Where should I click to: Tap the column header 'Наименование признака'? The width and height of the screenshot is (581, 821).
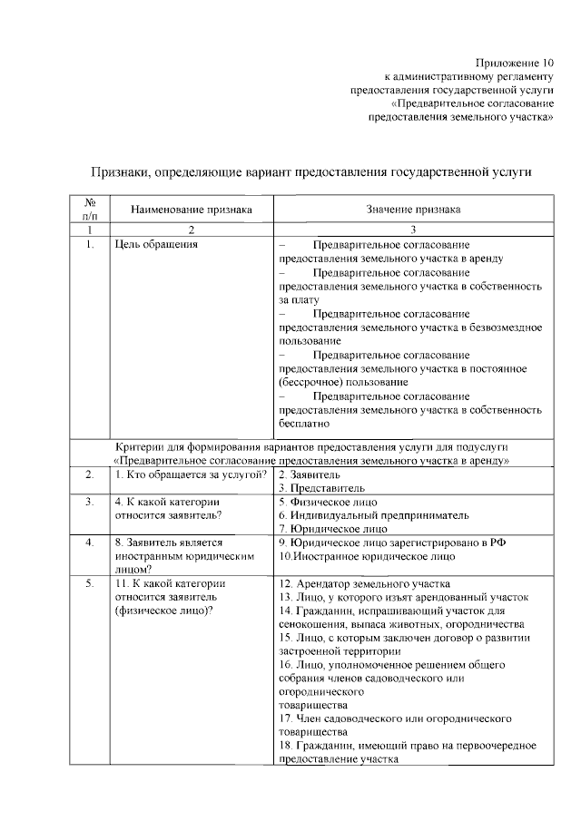[x=191, y=210]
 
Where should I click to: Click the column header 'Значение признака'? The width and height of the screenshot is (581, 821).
[x=413, y=210]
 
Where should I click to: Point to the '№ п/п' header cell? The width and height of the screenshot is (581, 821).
[x=90, y=210]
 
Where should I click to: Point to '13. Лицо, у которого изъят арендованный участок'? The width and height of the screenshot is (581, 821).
[x=403, y=597]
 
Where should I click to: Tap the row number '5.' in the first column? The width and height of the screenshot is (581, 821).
[x=90, y=583]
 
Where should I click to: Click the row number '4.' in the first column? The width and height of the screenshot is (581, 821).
[x=90, y=542]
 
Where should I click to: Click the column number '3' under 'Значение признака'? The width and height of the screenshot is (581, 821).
[x=413, y=230]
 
